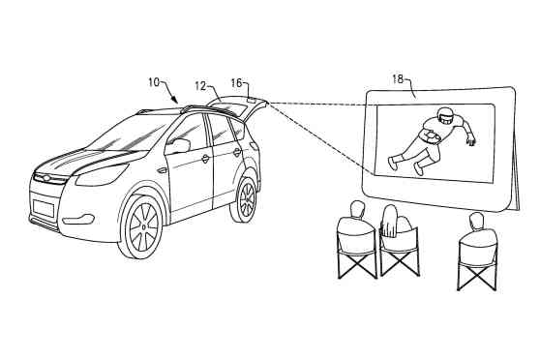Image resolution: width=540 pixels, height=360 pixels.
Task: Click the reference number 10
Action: click(x=154, y=82)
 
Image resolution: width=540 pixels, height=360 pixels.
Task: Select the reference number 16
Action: click(x=236, y=84)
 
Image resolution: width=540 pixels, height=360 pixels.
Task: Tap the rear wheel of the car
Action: click(x=247, y=197)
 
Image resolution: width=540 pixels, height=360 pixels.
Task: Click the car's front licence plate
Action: click(x=44, y=207)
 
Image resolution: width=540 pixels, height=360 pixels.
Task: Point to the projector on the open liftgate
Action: click(x=255, y=98)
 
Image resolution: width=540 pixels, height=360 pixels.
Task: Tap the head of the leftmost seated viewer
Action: click(x=356, y=208)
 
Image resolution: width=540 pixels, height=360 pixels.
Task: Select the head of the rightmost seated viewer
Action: click(x=474, y=222)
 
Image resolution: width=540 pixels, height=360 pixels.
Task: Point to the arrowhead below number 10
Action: click(x=174, y=100)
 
